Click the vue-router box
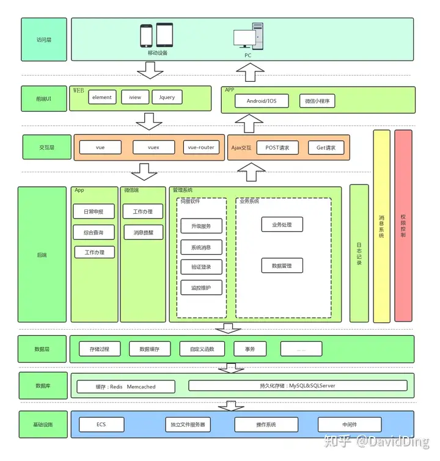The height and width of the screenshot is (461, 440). pos(201,147)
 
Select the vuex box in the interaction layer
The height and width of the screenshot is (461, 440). pos(153,147)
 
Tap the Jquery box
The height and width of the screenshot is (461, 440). pos(167,97)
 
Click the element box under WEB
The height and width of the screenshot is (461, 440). pos(102,97)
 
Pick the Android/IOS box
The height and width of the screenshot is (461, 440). pos(262,101)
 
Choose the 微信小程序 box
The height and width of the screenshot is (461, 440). pos(317,101)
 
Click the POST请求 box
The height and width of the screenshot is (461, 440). pos(277,148)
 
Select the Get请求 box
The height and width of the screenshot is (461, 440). pos(326,148)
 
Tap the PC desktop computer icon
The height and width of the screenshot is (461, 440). pos(249,36)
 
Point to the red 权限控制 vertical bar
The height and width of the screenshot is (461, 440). pos(403,226)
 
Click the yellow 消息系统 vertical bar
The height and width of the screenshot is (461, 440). pos(382,226)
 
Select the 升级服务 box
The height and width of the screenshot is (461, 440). pos(201,226)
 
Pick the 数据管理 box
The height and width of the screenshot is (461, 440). pos(282,266)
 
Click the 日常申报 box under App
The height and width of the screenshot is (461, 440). pos(94,211)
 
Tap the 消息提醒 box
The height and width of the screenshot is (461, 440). pos(144,232)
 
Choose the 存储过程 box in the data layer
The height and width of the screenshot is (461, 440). pos(100,349)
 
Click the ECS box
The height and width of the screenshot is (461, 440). pos(101,424)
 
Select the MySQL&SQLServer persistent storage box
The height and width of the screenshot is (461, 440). pos(298,385)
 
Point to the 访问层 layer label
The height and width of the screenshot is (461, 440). pos(44,40)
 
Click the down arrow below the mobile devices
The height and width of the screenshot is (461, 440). pos(150,70)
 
